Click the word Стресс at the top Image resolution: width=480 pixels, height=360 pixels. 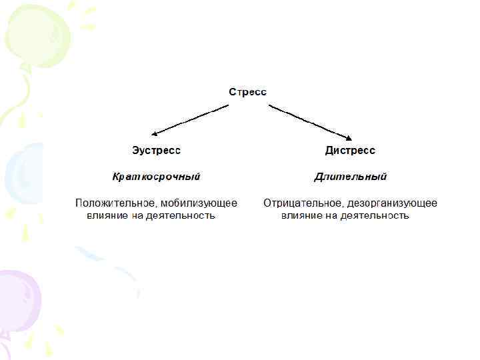coord(248,92)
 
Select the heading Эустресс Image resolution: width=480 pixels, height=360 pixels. coord(155,150)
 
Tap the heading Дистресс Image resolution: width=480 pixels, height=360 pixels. coord(350,150)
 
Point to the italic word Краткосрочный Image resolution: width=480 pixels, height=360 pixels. coord(156,177)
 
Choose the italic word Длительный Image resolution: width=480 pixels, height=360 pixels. coord(350,177)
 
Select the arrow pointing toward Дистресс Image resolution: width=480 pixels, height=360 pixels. coord(310,120)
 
